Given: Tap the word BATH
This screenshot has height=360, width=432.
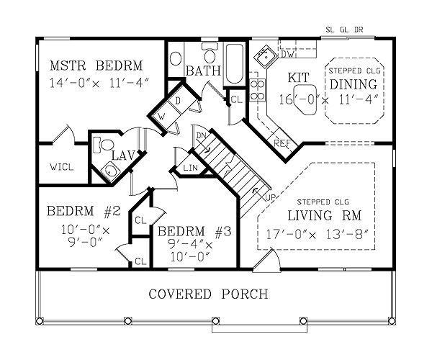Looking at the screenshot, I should [202, 71].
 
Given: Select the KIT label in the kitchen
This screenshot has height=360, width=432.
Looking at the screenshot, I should [298, 77].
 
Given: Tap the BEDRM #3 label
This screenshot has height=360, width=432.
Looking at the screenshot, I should [194, 232].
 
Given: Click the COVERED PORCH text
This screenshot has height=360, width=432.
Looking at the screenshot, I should [209, 294].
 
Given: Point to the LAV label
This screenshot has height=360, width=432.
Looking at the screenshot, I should [120, 154].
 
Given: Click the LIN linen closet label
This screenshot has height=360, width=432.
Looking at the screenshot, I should [191, 167].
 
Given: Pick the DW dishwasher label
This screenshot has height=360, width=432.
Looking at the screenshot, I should [286, 55].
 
